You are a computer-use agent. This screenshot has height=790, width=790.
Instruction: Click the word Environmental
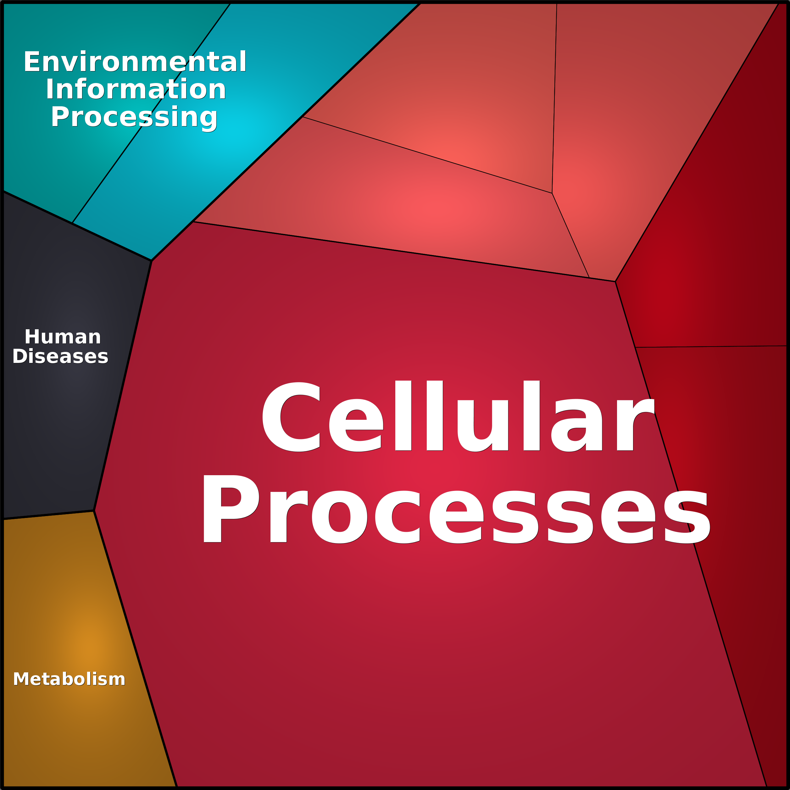click(135, 62)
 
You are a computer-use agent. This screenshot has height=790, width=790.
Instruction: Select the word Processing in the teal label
click(134, 117)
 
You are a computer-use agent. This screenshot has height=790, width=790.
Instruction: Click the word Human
click(63, 337)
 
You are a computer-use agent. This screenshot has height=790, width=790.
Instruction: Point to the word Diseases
click(60, 357)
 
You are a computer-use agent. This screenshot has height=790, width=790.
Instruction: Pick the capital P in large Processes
click(230, 509)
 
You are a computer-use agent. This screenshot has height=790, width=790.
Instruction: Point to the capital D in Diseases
click(19, 357)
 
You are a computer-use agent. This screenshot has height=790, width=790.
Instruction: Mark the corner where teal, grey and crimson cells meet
click(151, 260)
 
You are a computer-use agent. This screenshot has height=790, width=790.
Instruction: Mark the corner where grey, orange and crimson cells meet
click(94, 511)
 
